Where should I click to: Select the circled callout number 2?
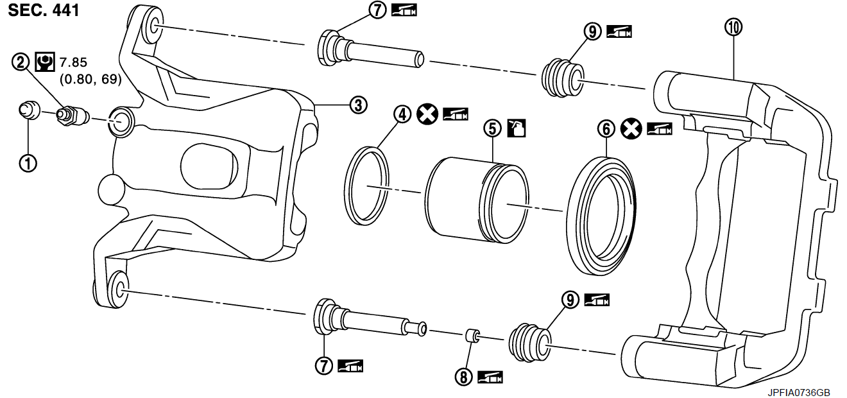tap(21, 62)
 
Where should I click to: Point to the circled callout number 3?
tap(357, 105)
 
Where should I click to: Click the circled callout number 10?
tap(733, 26)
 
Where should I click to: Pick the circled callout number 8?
tap(463, 377)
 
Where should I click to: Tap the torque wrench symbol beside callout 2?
tap(44, 62)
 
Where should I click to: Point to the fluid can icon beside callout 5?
tap(517, 128)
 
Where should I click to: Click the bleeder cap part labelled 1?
tap(30, 110)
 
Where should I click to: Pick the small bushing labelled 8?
tap(472, 335)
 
